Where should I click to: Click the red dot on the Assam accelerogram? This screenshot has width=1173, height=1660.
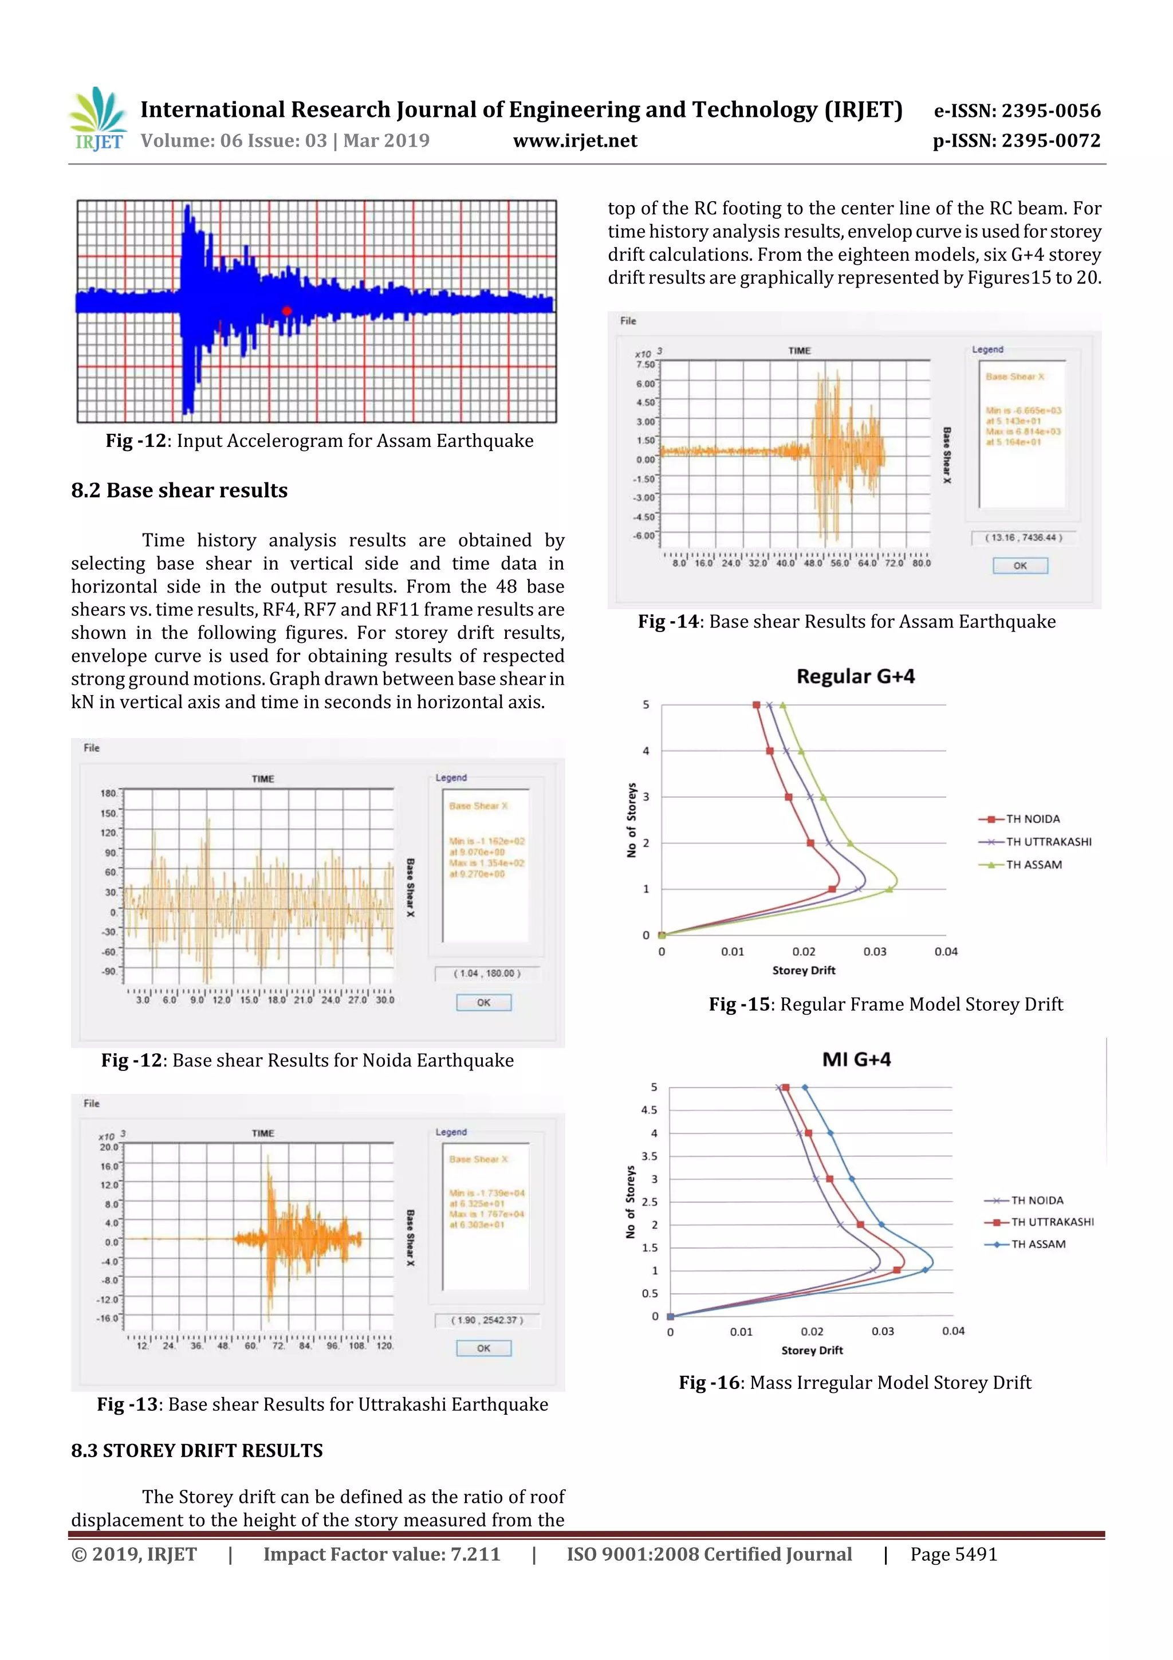coord(286,311)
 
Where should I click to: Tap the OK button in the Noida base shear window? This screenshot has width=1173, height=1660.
coord(483,1002)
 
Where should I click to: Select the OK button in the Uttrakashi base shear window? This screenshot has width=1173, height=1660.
coord(483,1348)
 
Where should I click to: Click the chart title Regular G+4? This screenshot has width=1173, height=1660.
coord(855,676)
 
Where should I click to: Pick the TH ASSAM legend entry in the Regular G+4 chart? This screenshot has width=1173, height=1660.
coord(1033,865)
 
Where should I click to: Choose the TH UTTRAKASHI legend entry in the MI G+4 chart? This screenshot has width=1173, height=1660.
coord(1052,1222)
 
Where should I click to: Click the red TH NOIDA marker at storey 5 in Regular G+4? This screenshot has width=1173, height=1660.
coord(757,704)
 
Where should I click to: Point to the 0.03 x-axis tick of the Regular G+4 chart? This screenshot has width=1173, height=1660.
coord(875,951)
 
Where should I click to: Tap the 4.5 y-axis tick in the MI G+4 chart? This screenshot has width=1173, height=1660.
coord(649,1110)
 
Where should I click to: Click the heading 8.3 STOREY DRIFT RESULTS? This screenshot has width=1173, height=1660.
coord(196,1450)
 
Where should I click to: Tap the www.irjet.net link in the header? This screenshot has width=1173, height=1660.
coord(575,140)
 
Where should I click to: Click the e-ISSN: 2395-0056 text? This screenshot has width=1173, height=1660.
coord(1017,111)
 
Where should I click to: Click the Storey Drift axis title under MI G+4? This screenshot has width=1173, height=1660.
coord(812,1350)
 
